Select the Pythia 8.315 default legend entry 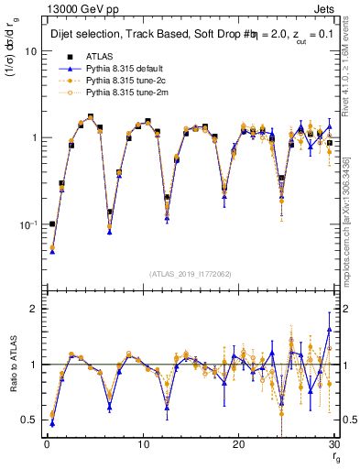point(122,69)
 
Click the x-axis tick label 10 point(143,446)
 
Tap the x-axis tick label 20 point(239,446)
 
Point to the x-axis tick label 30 point(334,446)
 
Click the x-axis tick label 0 point(47,446)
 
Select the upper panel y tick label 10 point(31,51)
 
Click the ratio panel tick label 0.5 point(29,420)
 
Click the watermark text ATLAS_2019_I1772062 point(189,273)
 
